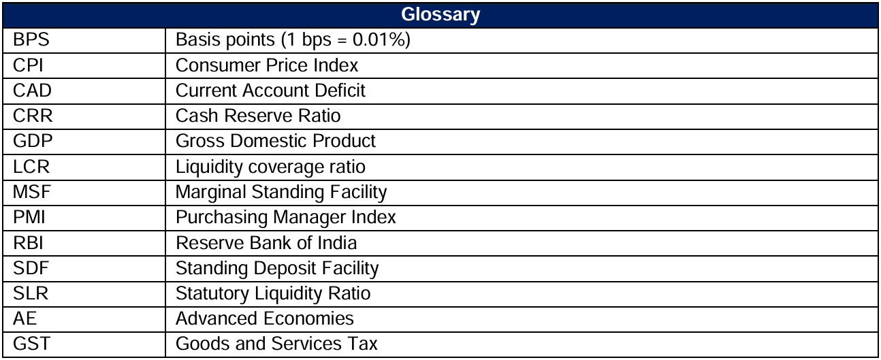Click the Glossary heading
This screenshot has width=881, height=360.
coord(440,14)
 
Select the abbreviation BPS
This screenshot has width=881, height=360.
coord(32,40)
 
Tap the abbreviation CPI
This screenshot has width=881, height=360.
coord(29,65)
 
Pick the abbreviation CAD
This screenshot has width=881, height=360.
coord(32,91)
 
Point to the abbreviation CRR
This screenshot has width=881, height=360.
coord(32,116)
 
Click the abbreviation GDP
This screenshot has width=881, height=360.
coord(32,141)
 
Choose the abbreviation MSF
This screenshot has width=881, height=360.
coord(32,192)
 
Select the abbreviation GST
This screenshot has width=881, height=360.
coord(31,343)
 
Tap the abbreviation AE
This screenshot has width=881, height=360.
coord(25,318)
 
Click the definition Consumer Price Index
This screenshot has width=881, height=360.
coord(267,65)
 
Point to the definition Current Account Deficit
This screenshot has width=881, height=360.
coord(270,91)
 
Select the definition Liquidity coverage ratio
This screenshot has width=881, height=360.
coord(270,167)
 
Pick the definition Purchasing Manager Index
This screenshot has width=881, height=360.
coord(285,217)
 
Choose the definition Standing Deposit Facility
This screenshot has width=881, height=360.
coord(277,267)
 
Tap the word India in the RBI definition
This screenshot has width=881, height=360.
coord(338,242)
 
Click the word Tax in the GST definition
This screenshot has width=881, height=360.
coord(363,343)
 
